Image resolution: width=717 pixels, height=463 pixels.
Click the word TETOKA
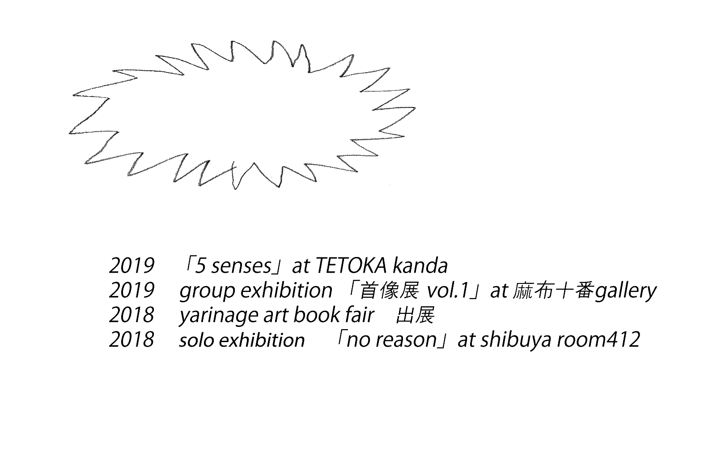click(351, 266)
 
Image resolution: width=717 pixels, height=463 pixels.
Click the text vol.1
click(447, 291)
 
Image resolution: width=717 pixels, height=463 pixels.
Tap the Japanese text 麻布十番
click(553, 291)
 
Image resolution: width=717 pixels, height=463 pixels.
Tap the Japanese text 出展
click(415, 316)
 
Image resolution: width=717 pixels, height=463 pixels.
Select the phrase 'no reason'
click(391, 340)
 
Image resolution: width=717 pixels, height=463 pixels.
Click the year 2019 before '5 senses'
click(132, 266)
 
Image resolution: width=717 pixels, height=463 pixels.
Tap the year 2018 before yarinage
click(132, 315)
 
